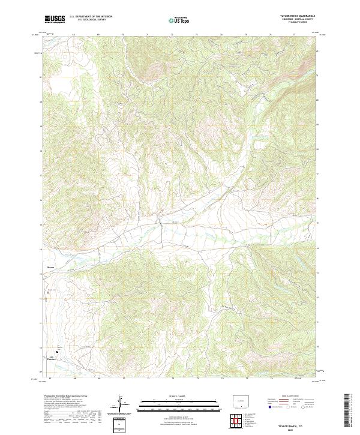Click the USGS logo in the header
point(55,19)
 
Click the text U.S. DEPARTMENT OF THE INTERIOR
point(91,17)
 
